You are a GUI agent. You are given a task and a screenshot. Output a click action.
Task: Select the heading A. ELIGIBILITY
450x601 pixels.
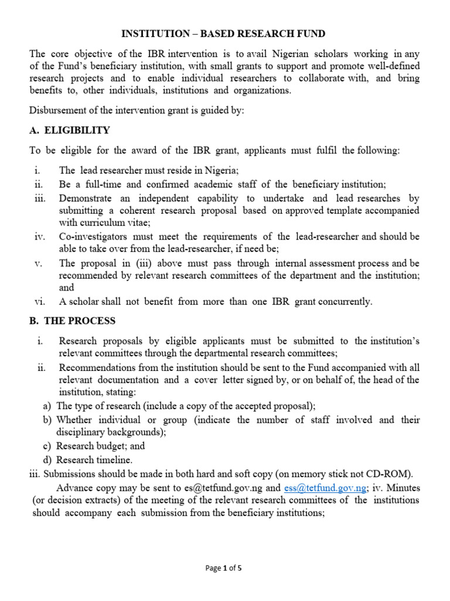pyautogui.click(x=70, y=130)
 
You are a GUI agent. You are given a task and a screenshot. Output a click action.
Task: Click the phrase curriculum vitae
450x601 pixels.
pyautogui.click(x=112, y=223)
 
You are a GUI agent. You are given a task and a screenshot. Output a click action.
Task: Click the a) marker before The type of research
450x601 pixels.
pyautogui.click(x=46, y=406)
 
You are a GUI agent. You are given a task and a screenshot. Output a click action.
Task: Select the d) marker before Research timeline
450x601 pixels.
pyautogui.click(x=46, y=460)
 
